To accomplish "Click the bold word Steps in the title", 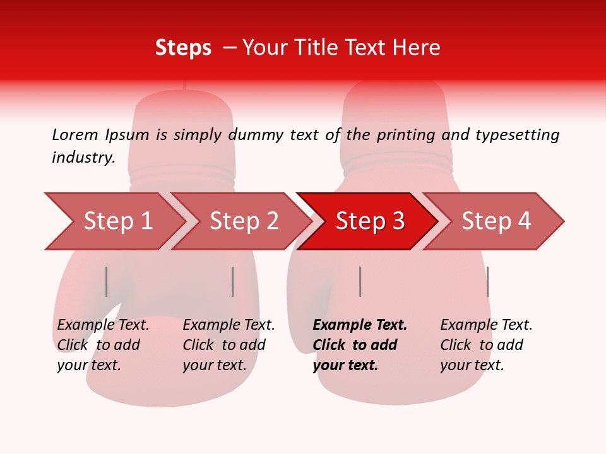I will pyautogui.click(x=183, y=48).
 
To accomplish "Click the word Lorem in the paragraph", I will pyautogui.click(x=75, y=134).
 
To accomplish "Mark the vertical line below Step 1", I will pyautogui.click(x=107, y=281).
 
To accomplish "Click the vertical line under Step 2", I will pyautogui.click(x=233, y=281).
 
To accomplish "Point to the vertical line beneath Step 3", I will pyautogui.click(x=360, y=281).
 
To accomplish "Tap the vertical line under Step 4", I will pyautogui.click(x=487, y=281).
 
